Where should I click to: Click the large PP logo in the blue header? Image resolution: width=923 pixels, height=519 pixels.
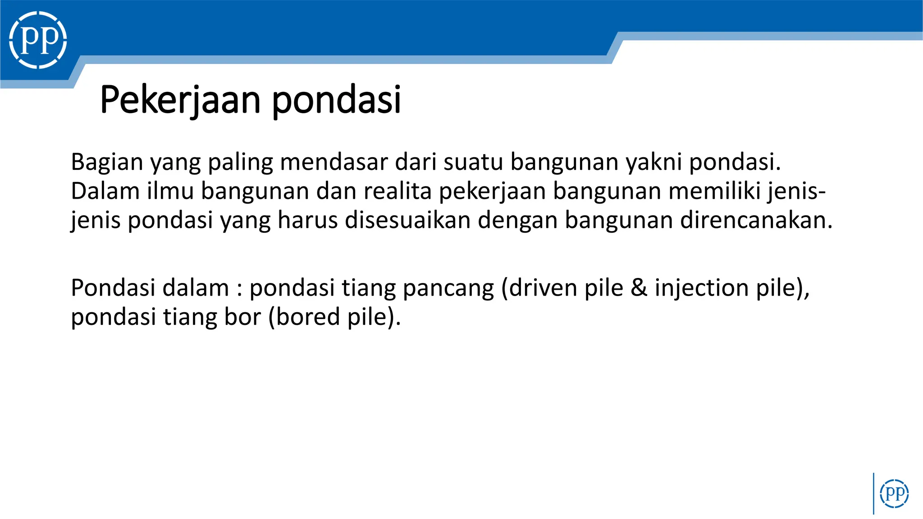tap(38, 40)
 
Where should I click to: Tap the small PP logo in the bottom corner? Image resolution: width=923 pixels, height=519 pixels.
tap(894, 494)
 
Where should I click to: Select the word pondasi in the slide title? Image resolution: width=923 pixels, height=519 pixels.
tap(336, 100)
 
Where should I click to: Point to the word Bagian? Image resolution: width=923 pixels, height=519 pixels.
tap(107, 162)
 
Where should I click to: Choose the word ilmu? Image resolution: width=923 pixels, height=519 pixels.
tap(170, 191)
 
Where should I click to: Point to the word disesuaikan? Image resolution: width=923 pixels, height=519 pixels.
tap(407, 220)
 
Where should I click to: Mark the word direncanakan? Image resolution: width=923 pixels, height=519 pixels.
tap(756, 220)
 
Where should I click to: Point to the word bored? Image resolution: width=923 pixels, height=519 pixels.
tap(308, 317)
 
